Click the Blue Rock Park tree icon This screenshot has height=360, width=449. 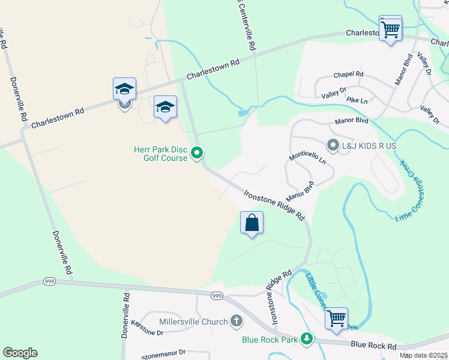coord(307,340)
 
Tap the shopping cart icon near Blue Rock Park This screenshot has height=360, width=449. coord(336,317)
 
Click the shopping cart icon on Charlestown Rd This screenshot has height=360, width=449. coord(390,28)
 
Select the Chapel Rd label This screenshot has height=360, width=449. coord(349,74)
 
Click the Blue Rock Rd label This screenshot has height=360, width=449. coord(373,346)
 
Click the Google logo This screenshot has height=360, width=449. coord(20,353)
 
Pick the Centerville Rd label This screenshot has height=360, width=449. coord(251,28)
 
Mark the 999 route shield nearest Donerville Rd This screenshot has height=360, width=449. coord(50,281)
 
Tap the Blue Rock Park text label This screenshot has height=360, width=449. coord(270,340)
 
